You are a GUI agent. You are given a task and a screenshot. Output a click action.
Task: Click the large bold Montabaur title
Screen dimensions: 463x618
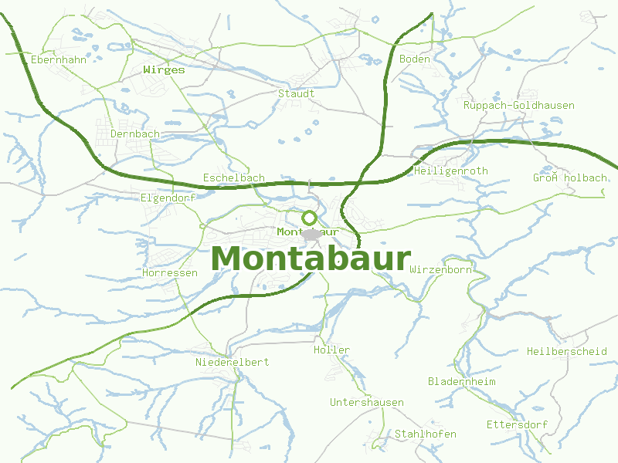pyautogui.click(x=310, y=259)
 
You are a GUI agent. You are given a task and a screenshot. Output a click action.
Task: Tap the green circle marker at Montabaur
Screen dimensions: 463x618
pyautogui.click(x=309, y=218)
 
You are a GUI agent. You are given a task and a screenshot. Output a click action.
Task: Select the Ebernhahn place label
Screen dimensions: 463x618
pyautogui.click(x=59, y=59)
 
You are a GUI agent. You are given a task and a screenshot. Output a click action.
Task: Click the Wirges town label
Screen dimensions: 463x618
pyautogui.click(x=164, y=69)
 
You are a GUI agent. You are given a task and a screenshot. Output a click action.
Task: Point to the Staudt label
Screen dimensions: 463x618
pyautogui.click(x=296, y=93)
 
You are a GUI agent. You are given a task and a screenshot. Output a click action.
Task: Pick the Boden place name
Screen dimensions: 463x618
pyautogui.click(x=414, y=59)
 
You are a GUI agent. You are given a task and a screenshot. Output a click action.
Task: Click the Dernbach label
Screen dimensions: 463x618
pyautogui.click(x=135, y=133)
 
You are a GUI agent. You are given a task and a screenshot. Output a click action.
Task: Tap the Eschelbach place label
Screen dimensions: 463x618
pyautogui.click(x=233, y=177)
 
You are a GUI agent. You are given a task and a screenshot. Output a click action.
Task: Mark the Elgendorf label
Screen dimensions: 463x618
pyautogui.click(x=168, y=198)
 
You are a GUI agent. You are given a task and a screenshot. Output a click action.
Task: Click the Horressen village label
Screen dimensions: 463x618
pyautogui.click(x=170, y=273)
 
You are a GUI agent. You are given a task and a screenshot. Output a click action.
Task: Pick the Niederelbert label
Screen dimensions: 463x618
pyautogui.click(x=233, y=362)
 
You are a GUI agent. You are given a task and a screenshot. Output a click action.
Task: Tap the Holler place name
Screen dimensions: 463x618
pyautogui.click(x=331, y=350)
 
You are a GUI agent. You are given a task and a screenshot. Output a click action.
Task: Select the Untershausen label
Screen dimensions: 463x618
pyautogui.click(x=366, y=403)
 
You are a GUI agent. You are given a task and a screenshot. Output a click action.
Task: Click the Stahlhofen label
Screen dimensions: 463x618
pyautogui.click(x=425, y=434)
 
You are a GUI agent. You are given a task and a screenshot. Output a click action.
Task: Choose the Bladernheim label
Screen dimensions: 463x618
pyautogui.click(x=461, y=382)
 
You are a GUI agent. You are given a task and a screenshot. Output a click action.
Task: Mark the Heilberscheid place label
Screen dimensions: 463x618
pyautogui.click(x=566, y=351)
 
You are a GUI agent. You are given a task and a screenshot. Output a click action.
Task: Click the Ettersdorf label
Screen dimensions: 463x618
pyautogui.click(x=517, y=425)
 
